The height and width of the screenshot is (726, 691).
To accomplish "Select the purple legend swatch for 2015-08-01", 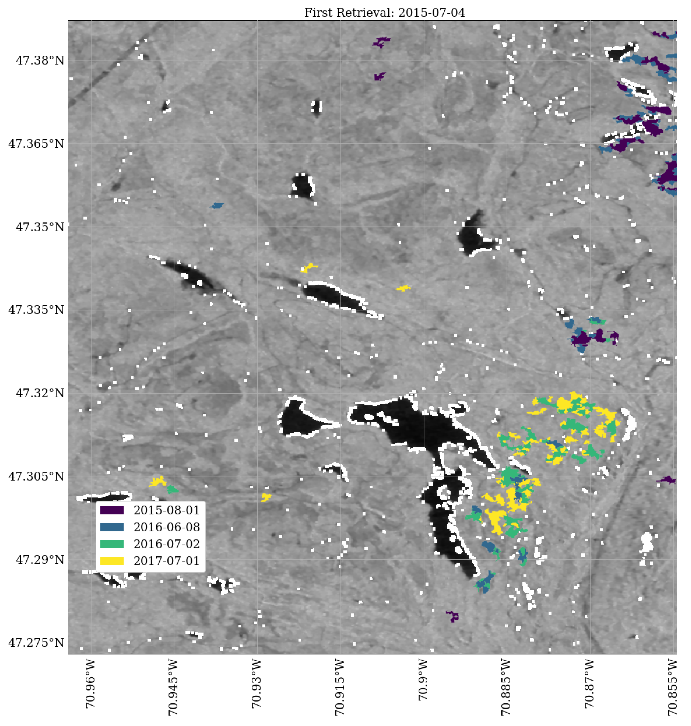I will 112,510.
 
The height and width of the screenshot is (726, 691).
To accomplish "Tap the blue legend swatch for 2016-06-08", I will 112,527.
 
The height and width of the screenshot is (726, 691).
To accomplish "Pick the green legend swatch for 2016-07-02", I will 112,544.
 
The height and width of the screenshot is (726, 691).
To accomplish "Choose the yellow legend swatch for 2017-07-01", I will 112,561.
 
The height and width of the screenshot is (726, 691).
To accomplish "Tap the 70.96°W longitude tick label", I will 90,684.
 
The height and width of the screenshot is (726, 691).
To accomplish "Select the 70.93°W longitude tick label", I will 256,684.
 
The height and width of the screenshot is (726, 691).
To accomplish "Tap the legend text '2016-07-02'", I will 166,544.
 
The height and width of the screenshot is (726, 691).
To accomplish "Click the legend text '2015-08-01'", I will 166,510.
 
